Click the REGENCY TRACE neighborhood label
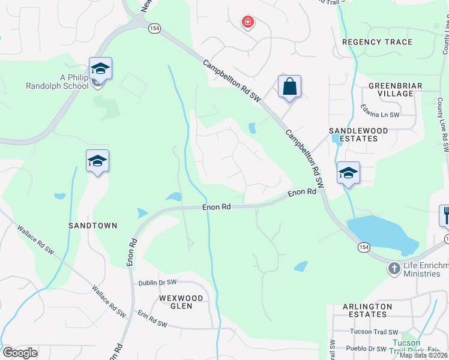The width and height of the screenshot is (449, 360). point(377,42)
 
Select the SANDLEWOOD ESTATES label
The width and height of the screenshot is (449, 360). point(358,134)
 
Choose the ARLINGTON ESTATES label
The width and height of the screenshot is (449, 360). point(367,311)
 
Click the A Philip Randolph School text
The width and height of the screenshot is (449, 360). point(66,82)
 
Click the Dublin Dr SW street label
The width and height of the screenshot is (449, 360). point(157,282)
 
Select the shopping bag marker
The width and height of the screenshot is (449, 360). point(289,86)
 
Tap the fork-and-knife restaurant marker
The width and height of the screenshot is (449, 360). point(445,215)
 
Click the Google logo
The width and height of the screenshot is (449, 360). point(20,352)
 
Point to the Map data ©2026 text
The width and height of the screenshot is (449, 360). point(424,355)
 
